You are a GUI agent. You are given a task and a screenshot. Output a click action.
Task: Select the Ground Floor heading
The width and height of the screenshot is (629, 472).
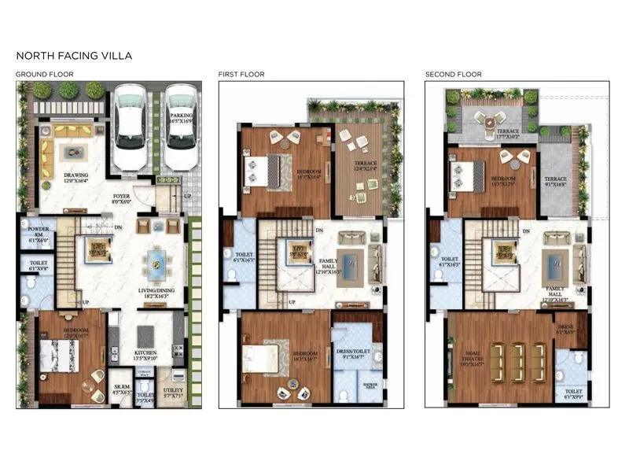(x=45, y=75)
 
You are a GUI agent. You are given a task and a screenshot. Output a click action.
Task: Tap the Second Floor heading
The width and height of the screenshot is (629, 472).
(x=454, y=75)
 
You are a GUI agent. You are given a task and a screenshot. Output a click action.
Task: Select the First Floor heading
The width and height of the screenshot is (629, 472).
(x=241, y=75)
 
